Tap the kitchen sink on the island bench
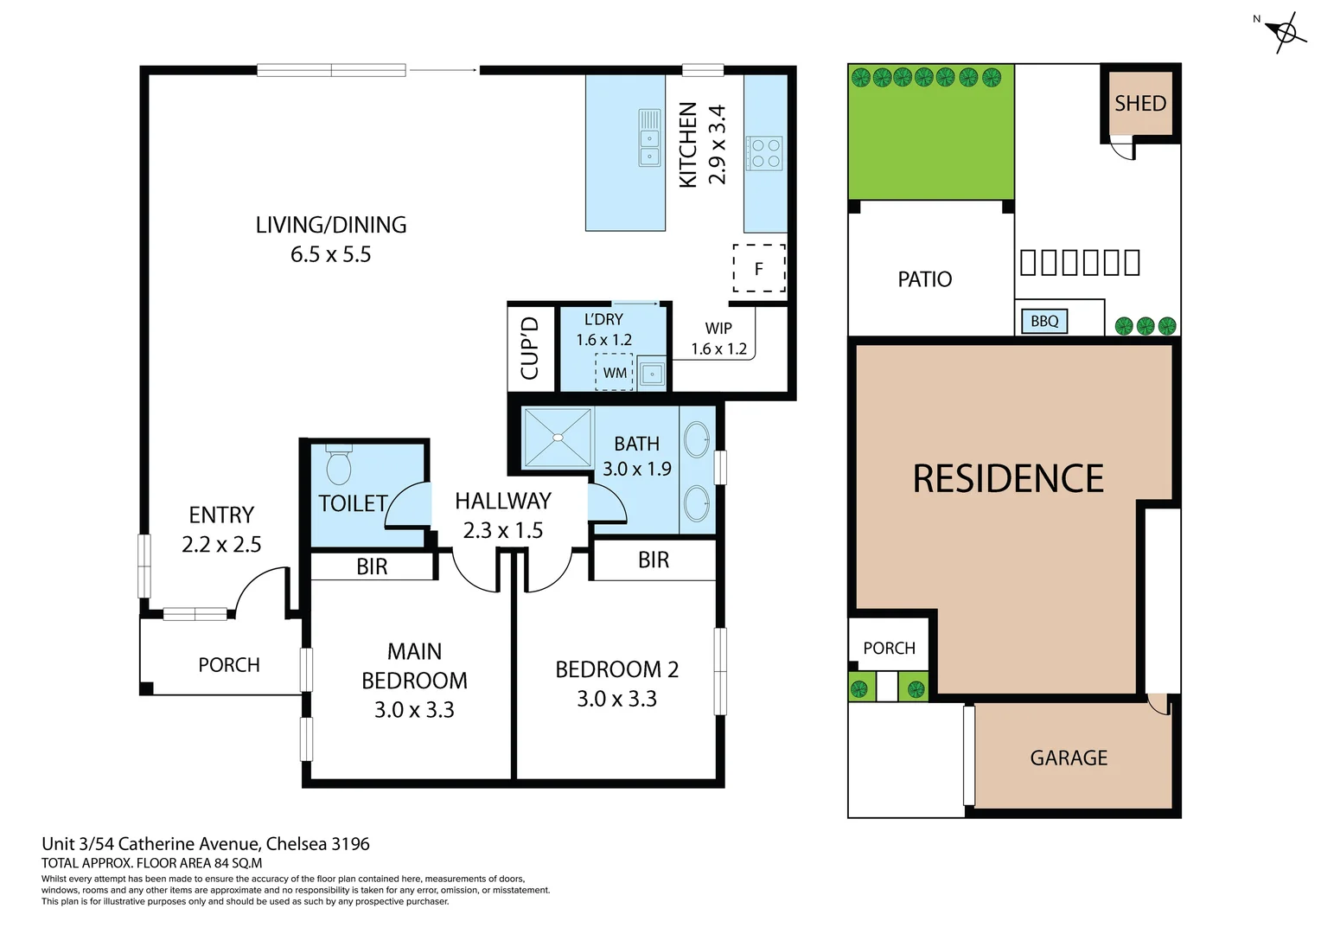[x=649, y=138]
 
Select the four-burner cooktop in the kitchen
[x=765, y=153]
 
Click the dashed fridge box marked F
[x=759, y=268]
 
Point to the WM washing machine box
[x=615, y=373]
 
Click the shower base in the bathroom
[x=558, y=438]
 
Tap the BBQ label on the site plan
[x=1044, y=321]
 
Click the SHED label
[x=1140, y=104]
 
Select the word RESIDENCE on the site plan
[x=1008, y=479]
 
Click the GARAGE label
[x=1069, y=758]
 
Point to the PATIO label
[x=925, y=279]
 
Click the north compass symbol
[x=1286, y=33]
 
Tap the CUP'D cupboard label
[x=530, y=348]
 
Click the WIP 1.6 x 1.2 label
[x=718, y=339]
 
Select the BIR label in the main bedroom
[x=372, y=566]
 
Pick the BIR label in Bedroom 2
[x=654, y=560]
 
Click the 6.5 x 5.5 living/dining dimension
[x=330, y=254]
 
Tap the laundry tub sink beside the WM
[x=652, y=374]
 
